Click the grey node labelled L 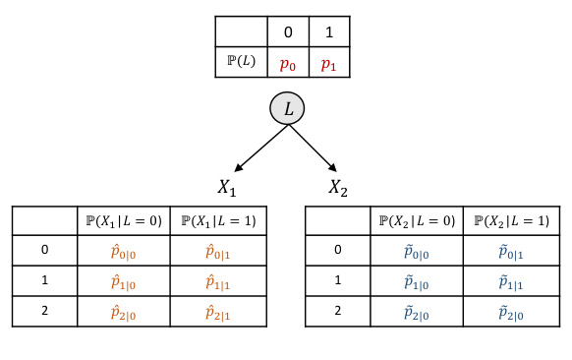[287, 109]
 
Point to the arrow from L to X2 [320, 147]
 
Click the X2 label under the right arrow [340, 187]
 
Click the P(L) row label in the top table [241, 63]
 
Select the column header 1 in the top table [328, 31]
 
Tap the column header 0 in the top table [287, 31]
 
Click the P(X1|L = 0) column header [123, 220]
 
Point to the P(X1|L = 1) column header [218, 220]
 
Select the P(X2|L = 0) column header [417, 220]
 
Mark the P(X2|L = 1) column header [512, 220]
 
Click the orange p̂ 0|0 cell [123, 250]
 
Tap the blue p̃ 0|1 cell [512, 250]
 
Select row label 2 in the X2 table [338, 311]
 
